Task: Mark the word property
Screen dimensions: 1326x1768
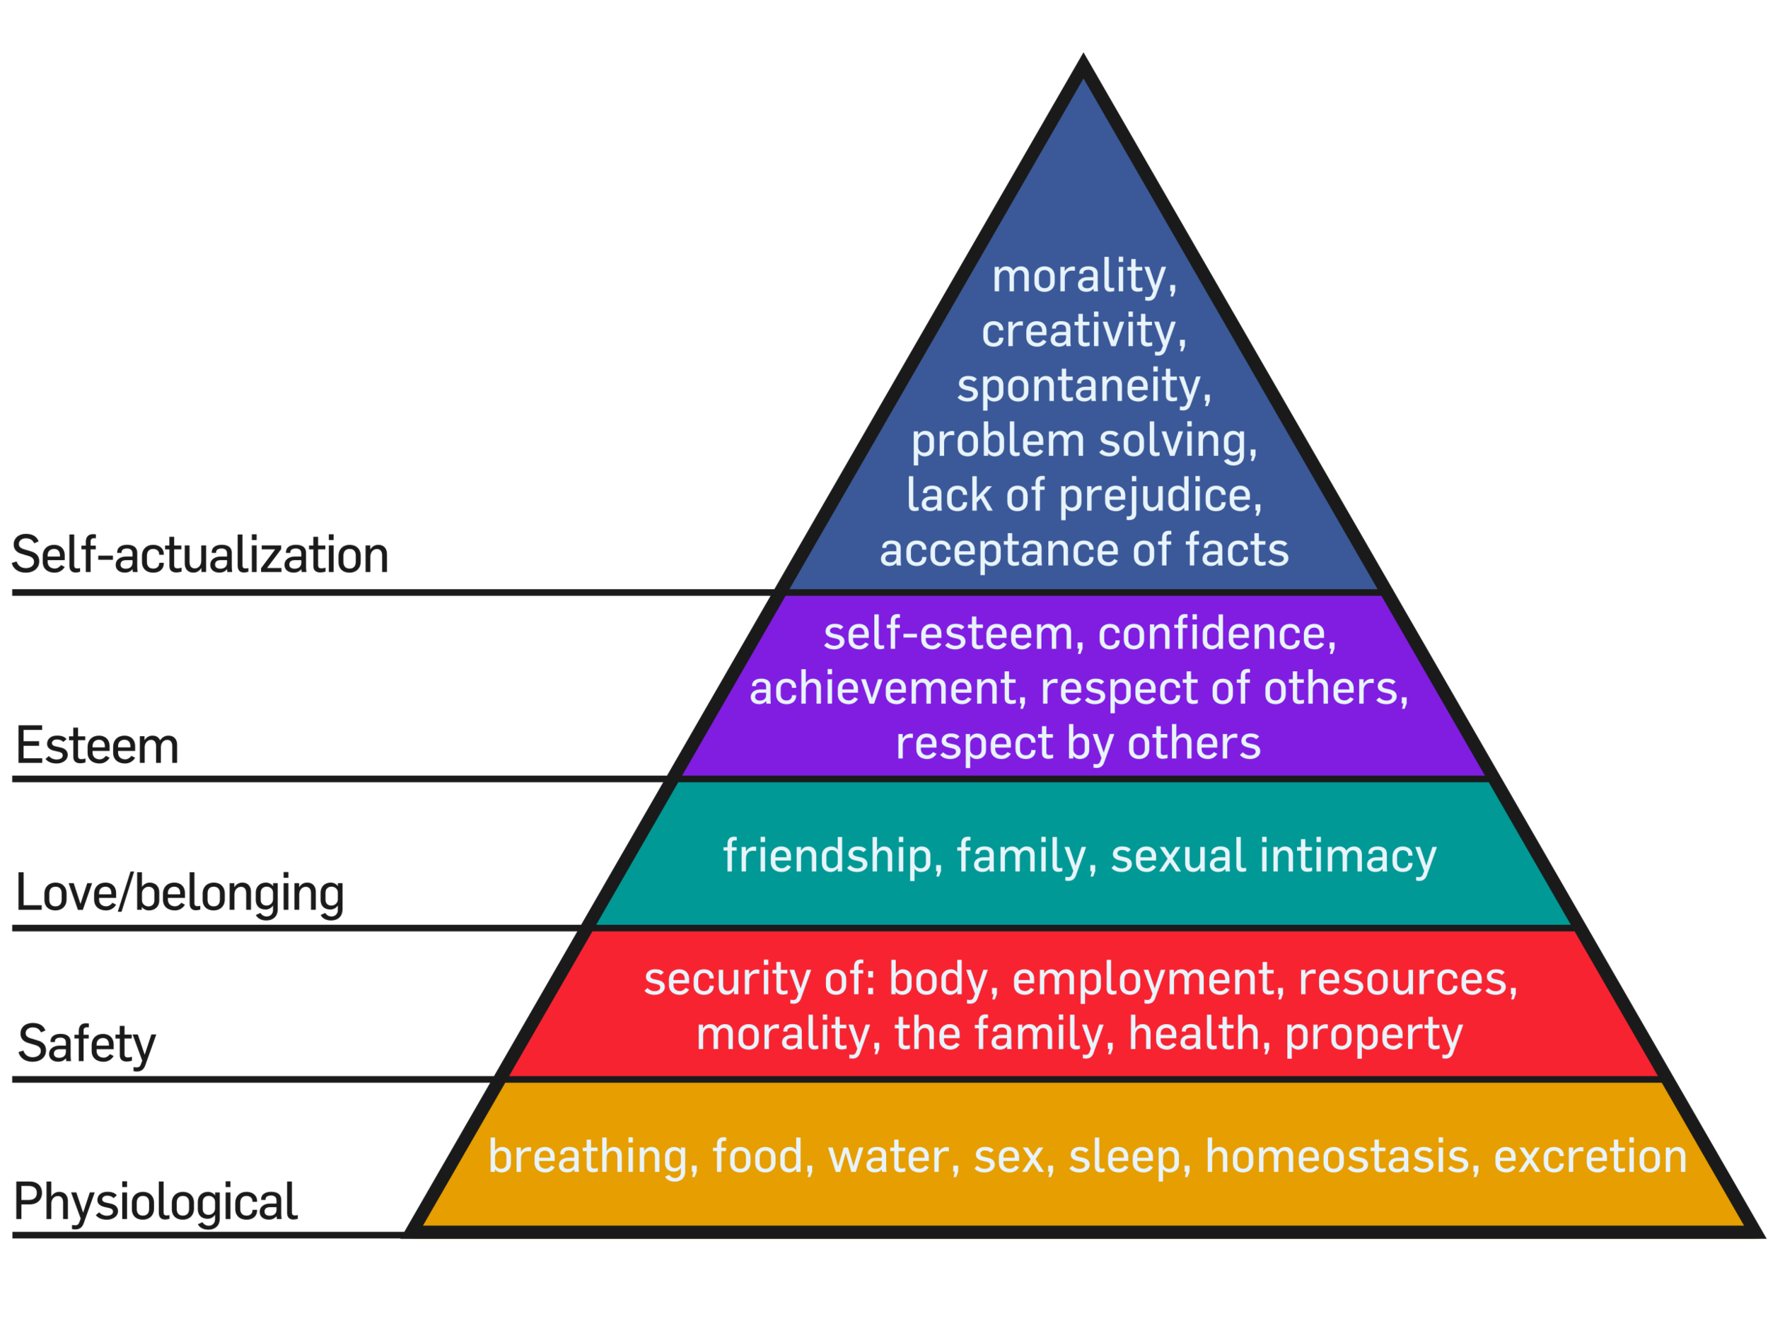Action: pyautogui.click(x=1373, y=1035)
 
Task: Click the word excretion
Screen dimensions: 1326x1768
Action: pyautogui.click(x=1590, y=1156)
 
